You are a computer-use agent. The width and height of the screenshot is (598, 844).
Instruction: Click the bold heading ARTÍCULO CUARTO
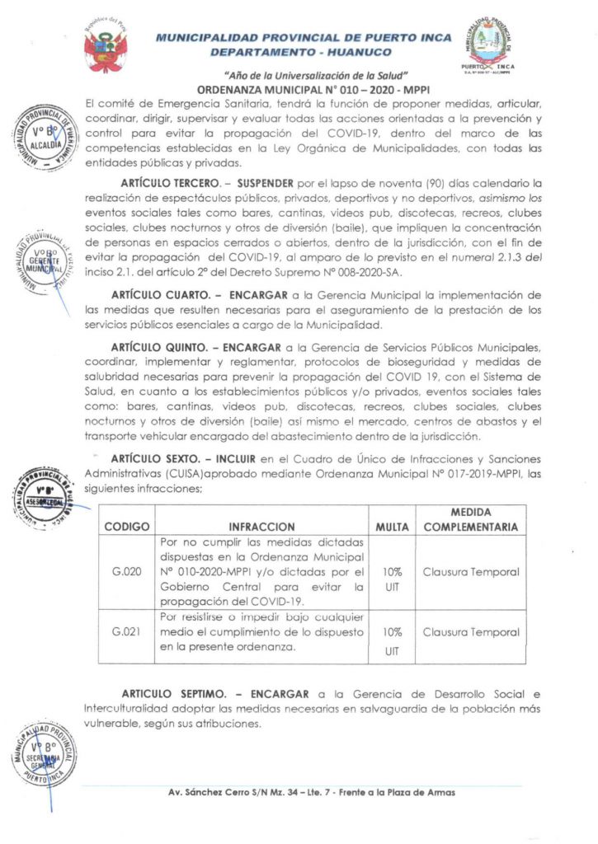(x=162, y=295)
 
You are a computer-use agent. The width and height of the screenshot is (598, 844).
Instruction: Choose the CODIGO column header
(x=126, y=527)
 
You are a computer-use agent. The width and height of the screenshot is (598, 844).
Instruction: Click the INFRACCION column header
(x=261, y=527)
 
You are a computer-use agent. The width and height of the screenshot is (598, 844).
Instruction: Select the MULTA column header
(x=392, y=527)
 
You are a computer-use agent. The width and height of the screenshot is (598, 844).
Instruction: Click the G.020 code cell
(x=126, y=572)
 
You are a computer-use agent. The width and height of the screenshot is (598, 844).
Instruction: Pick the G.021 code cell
(x=126, y=632)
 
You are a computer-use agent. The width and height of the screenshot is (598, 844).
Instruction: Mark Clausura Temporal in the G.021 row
(x=471, y=632)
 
